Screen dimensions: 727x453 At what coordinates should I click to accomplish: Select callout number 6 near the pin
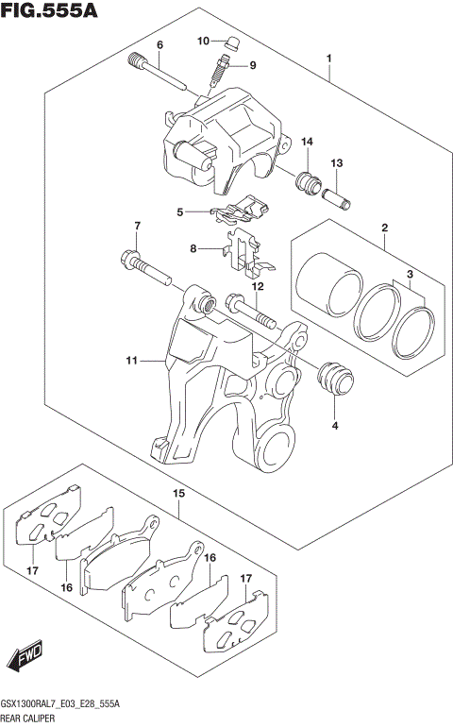click(x=159, y=45)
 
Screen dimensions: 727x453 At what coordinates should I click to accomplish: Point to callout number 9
click(x=252, y=65)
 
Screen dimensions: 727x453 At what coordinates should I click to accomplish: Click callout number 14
click(x=307, y=142)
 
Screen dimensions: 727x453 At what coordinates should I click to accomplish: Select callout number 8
click(x=193, y=249)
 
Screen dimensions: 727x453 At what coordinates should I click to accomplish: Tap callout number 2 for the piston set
click(x=385, y=228)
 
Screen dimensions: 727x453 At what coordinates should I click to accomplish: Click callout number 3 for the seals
click(x=411, y=275)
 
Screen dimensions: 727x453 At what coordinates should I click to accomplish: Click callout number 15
click(x=177, y=493)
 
